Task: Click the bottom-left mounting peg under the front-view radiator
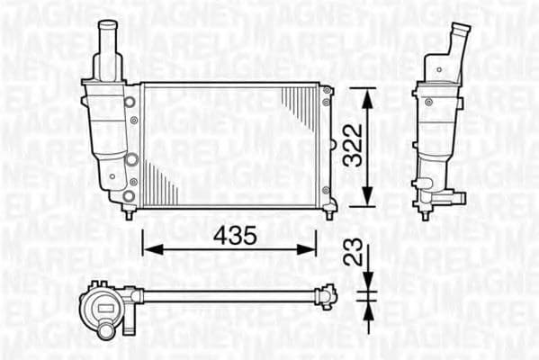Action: point(129,213)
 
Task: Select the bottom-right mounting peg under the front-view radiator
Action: point(329,213)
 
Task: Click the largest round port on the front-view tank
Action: point(131,160)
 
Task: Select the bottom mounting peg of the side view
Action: point(425,214)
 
